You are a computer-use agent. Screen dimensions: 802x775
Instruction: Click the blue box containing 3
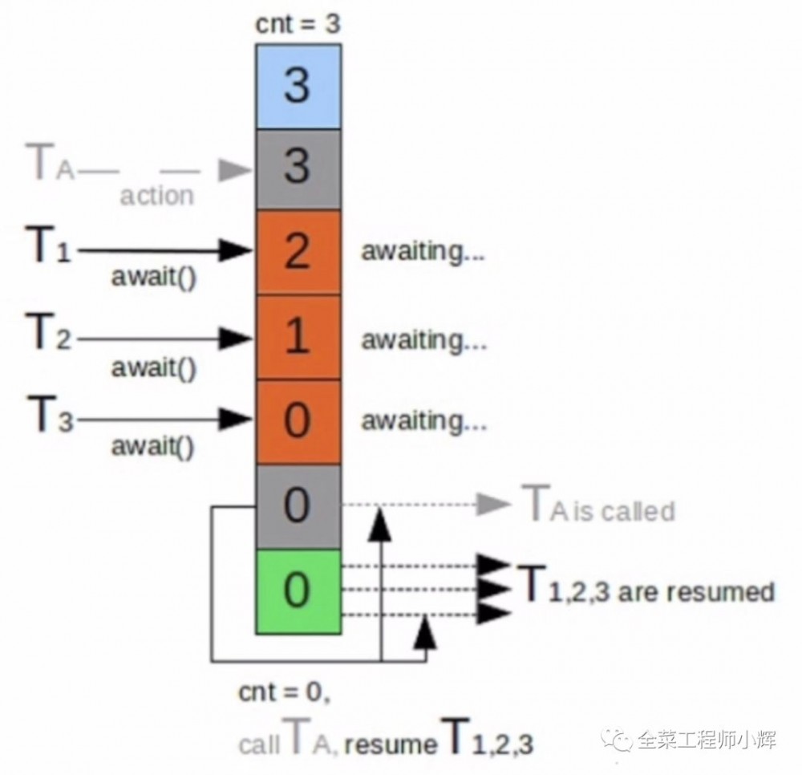tap(298, 85)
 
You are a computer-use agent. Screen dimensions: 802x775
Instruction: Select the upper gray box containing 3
tap(298, 168)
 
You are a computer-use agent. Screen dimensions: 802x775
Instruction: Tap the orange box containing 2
tap(298, 252)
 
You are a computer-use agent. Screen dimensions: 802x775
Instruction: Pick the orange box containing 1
tap(298, 337)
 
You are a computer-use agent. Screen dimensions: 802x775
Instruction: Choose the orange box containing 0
tap(298, 422)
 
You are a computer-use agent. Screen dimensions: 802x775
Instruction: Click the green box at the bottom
tap(298, 591)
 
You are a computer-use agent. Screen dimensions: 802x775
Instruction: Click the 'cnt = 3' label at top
tap(298, 24)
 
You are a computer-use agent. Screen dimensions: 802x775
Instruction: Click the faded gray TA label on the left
tap(51, 165)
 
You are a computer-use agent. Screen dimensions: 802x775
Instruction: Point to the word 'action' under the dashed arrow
tap(157, 195)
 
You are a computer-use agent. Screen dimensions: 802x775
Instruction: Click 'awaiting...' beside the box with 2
tap(423, 252)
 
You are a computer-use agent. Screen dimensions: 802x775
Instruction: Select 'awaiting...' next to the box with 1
tap(423, 339)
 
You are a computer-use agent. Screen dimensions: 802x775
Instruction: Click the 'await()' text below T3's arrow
tap(153, 446)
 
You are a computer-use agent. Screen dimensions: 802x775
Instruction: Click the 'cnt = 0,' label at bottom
tap(284, 692)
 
